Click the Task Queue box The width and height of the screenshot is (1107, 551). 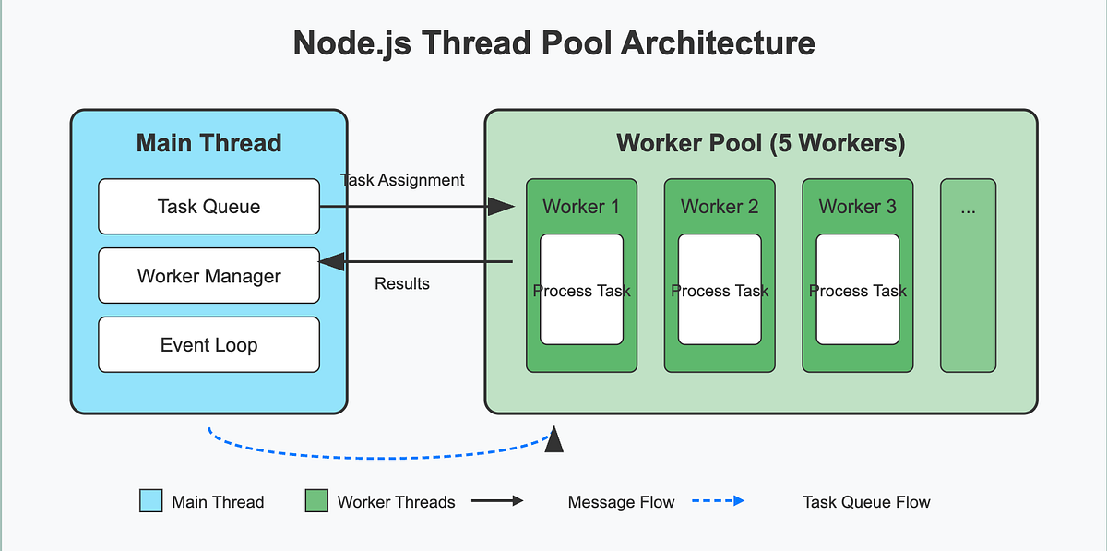(x=208, y=206)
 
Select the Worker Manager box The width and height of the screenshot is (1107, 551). (x=208, y=276)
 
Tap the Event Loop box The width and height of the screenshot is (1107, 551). (x=208, y=345)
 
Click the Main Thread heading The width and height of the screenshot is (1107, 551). (x=208, y=143)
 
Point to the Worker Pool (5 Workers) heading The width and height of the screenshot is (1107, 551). (x=760, y=143)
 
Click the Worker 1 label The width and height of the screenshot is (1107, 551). (x=581, y=207)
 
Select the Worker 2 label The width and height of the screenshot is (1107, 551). (x=720, y=207)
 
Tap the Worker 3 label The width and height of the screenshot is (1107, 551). (x=857, y=207)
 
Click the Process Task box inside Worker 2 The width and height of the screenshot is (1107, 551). (x=720, y=290)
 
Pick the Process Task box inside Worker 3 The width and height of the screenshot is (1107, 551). (x=858, y=290)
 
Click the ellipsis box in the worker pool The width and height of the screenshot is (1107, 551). (x=968, y=275)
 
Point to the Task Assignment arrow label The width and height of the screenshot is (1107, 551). (x=402, y=180)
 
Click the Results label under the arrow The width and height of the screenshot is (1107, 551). (x=402, y=283)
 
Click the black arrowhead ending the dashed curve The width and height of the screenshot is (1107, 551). (x=554, y=442)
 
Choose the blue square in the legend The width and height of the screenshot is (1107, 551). (x=150, y=501)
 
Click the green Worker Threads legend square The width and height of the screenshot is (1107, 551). (x=316, y=501)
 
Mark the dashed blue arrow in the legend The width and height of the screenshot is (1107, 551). (x=717, y=501)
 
